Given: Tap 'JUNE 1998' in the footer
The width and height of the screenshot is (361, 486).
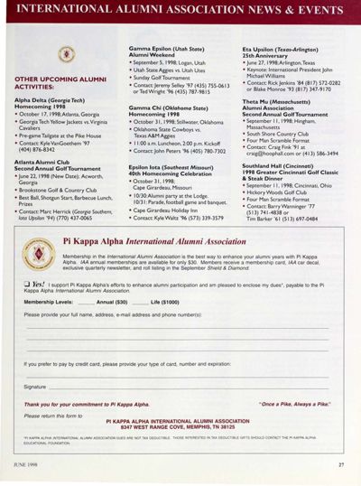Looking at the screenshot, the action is (x=28, y=465).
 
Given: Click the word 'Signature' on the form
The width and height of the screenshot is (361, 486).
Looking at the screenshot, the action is (x=35, y=386).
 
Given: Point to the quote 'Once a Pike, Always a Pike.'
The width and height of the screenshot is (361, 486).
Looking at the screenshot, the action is (x=294, y=404).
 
